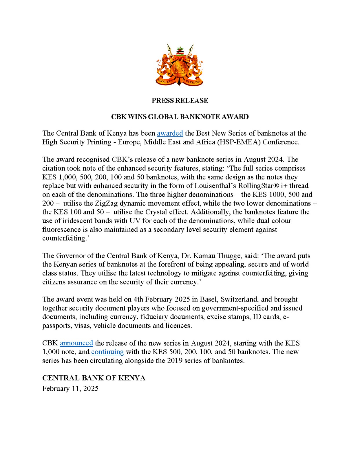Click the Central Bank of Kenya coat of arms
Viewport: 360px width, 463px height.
[x=180, y=65]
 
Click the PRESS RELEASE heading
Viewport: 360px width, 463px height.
[x=180, y=100]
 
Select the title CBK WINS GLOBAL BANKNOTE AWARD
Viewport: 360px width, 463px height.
[x=180, y=117]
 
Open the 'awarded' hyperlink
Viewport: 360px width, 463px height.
[x=170, y=133]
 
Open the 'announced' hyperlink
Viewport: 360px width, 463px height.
[x=76, y=343]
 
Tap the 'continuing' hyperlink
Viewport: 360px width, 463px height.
[x=107, y=352]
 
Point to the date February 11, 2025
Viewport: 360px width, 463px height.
[x=70, y=388]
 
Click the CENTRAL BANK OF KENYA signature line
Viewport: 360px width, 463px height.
[x=94, y=378]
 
